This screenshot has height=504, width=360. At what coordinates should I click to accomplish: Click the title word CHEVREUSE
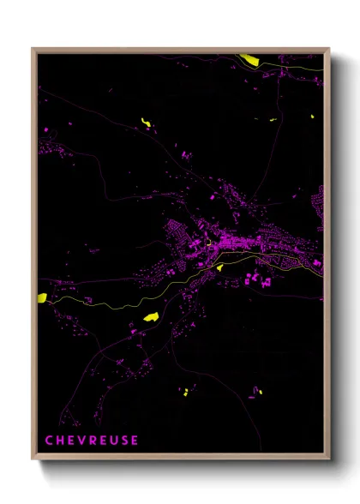92,440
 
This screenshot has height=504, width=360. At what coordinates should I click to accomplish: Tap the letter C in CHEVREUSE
50,440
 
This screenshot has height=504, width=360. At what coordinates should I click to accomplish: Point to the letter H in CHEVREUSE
61,440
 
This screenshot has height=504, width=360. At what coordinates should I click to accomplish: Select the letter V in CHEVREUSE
81,440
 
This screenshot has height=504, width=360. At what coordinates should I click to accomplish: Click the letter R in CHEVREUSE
93,440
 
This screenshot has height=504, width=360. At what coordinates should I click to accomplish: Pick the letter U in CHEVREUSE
113,440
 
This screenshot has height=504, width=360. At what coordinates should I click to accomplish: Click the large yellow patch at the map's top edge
249,59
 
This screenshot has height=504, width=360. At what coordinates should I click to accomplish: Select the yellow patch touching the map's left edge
41,297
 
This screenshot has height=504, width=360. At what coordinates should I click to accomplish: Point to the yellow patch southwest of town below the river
151,316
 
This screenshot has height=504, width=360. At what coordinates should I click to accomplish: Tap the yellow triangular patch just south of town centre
219,267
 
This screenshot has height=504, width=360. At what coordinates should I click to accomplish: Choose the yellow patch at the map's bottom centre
184,392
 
